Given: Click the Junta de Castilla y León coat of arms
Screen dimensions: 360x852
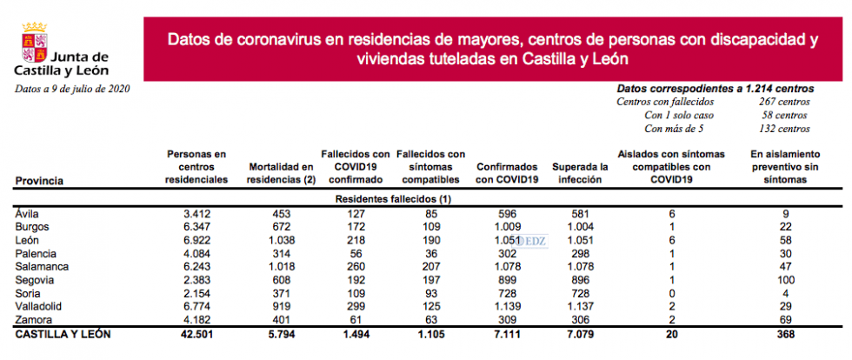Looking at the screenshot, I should point(34,50).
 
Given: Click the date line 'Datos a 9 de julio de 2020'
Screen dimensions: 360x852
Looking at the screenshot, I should point(71,89).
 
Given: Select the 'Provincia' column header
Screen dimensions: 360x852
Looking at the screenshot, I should point(39,180).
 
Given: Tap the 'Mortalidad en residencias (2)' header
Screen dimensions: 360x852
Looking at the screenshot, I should point(281,173).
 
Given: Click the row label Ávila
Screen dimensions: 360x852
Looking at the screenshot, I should point(27,213).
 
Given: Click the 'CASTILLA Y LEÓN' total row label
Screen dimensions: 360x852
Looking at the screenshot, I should point(63,333).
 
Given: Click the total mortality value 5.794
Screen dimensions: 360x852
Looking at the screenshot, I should point(281,333).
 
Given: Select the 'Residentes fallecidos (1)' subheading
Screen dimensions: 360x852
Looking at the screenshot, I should point(392,199).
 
